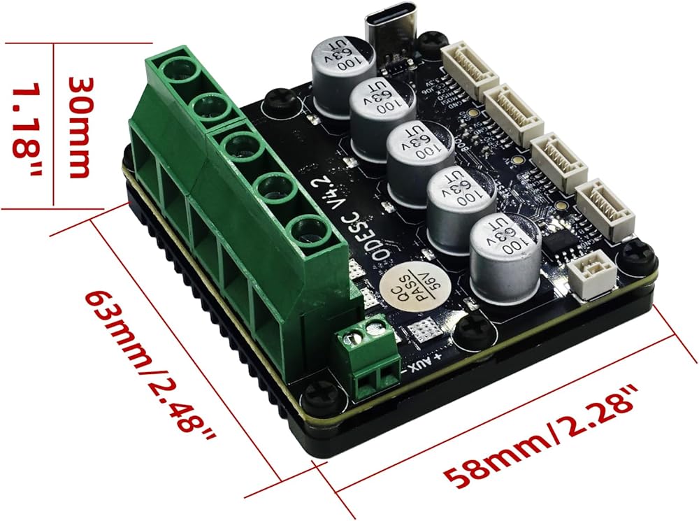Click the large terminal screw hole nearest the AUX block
[x=308, y=230]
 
